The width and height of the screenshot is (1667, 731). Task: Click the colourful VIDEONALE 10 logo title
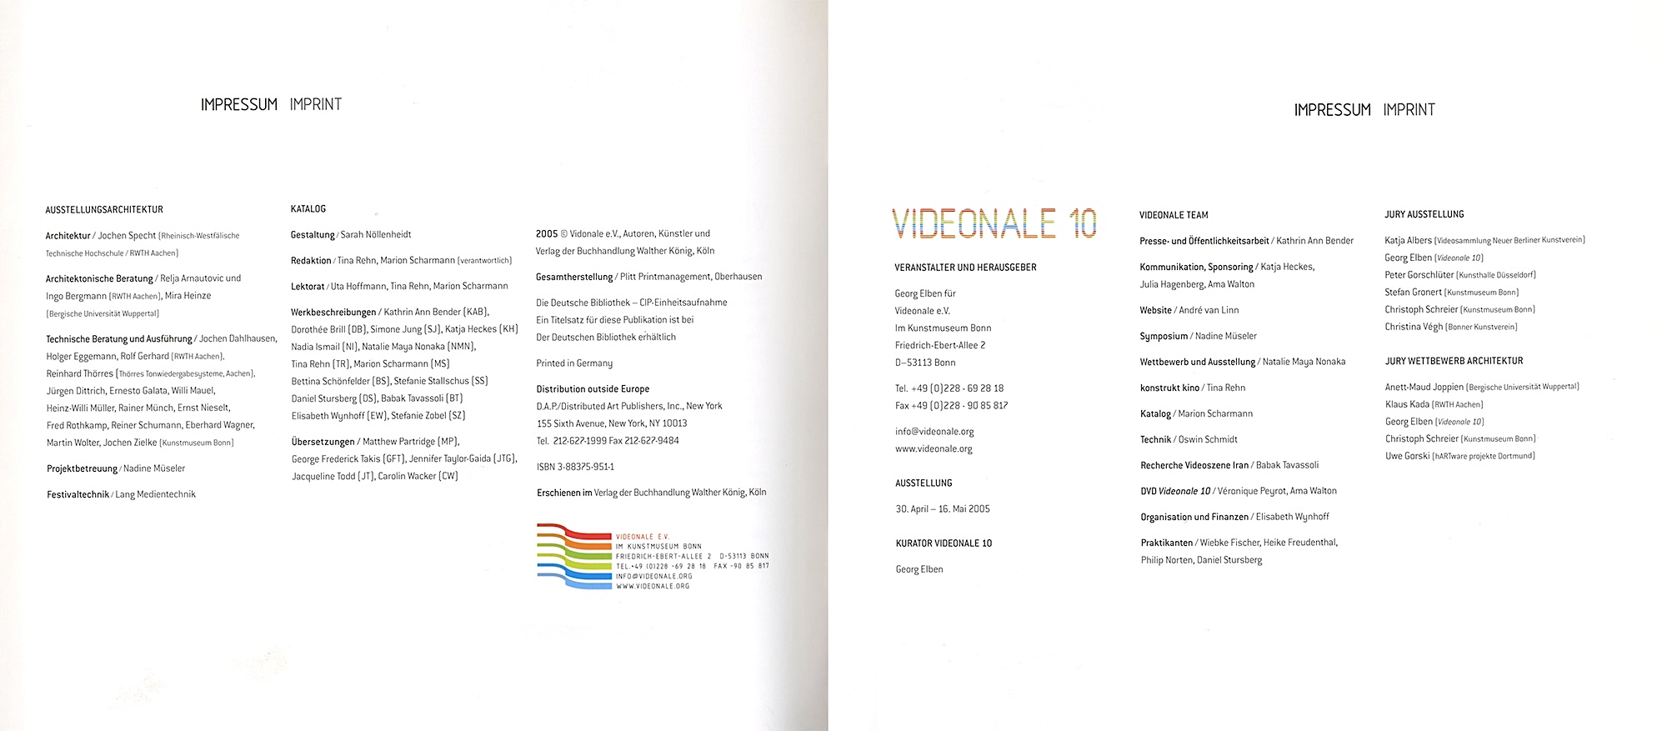(x=994, y=223)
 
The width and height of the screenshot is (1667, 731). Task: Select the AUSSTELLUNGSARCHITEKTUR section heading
(x=104, y=209)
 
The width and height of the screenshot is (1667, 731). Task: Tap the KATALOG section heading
(x=308, y=208)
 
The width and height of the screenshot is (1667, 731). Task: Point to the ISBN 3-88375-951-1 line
(x=575, y=467)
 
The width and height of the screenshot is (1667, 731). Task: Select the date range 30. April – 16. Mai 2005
(x=943, y=508)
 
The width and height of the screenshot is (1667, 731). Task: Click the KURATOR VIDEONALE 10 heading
(x=944, y=543)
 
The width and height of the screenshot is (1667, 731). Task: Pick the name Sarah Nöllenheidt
(x=376, y=235)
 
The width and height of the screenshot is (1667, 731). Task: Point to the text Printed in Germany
(x=574, y=363)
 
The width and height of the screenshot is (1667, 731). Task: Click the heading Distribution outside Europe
(x=593, y=389)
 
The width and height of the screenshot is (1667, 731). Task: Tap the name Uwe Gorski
(x=1407, y=456)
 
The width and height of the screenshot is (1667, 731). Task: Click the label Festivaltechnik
(x=78, y=494)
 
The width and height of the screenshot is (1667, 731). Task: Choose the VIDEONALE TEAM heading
(x=1174, y=215)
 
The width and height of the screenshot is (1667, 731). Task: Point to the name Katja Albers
(x=1408, y=240)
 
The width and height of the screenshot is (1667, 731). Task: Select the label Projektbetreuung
(x=82, y=468)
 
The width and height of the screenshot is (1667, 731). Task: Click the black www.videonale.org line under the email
(x=934, y=449)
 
